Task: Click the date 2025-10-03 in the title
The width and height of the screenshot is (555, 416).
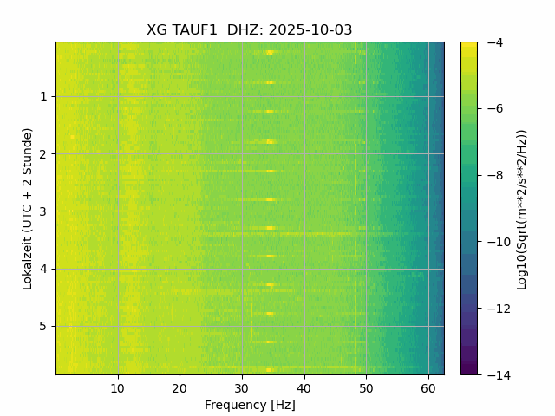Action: point(310,29)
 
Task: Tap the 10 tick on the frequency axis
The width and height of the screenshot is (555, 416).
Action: point(118,387)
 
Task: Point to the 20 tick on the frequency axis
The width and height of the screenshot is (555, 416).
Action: point(180,387)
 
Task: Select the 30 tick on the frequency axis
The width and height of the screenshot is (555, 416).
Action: point(242,387)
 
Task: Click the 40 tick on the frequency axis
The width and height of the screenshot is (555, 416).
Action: point(304,387)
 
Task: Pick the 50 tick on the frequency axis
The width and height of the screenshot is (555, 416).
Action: point(366,387)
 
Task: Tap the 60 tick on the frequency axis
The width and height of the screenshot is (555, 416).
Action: point(428,387)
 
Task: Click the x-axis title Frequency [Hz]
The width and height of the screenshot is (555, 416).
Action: point(250,405)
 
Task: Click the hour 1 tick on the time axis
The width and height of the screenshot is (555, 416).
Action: point(43,96)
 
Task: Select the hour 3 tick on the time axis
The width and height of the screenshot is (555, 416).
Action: point(43,211)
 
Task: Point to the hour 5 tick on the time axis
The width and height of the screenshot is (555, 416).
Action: point(43,327)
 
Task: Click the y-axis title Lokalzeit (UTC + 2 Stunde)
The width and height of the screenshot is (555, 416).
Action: point(28,208)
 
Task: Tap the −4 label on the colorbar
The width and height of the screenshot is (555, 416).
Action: point(491,42)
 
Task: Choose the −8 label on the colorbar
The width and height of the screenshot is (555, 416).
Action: point(491,175)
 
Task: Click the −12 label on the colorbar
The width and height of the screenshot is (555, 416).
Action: point(494,308)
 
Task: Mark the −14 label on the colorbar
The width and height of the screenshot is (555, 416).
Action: point(494,374)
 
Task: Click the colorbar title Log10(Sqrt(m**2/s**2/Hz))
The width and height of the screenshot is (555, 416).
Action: point(522,208)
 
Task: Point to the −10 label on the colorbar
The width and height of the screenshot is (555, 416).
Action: point(494,242)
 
